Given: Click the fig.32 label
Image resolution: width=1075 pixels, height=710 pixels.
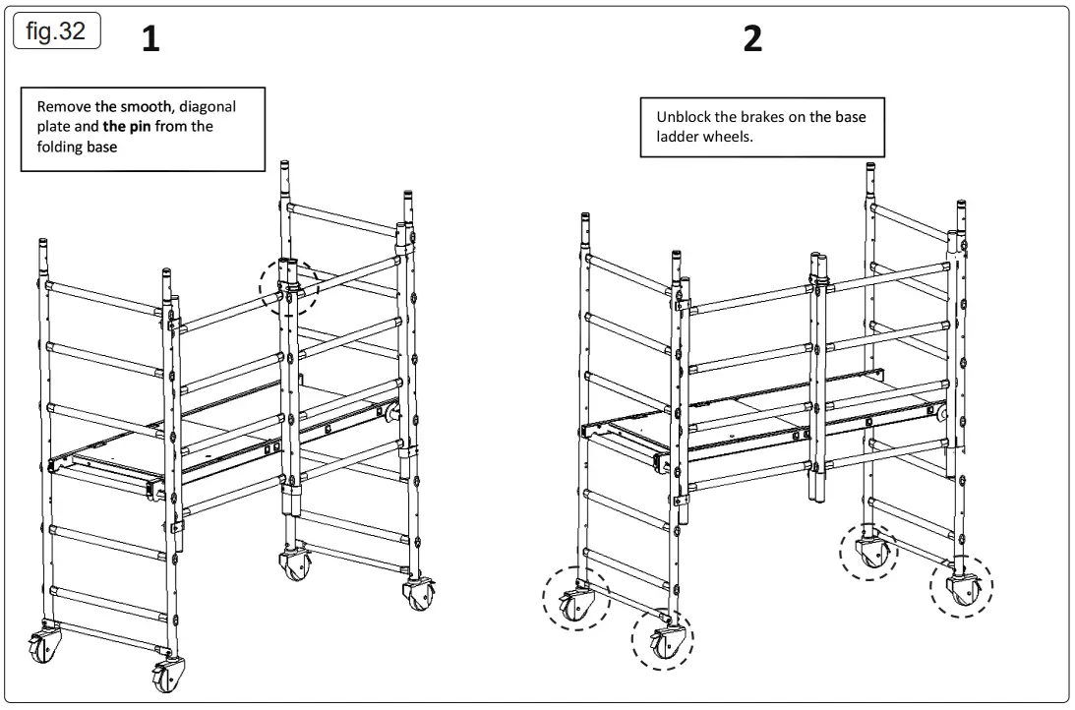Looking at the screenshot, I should (x=56, y=31).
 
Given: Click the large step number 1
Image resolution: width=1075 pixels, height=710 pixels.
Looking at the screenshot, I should (x=150, y=39).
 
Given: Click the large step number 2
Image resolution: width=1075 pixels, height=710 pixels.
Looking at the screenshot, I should (x=752, y=39).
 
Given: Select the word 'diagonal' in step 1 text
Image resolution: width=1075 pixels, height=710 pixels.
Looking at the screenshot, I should (x=208, y=106).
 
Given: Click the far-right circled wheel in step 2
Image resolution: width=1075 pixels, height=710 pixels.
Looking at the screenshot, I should (x=962, y=587).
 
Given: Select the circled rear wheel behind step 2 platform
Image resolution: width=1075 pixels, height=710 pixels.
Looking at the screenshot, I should (x=869, y=553).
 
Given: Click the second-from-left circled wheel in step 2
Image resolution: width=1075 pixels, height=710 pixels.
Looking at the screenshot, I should (x=661, y=639).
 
